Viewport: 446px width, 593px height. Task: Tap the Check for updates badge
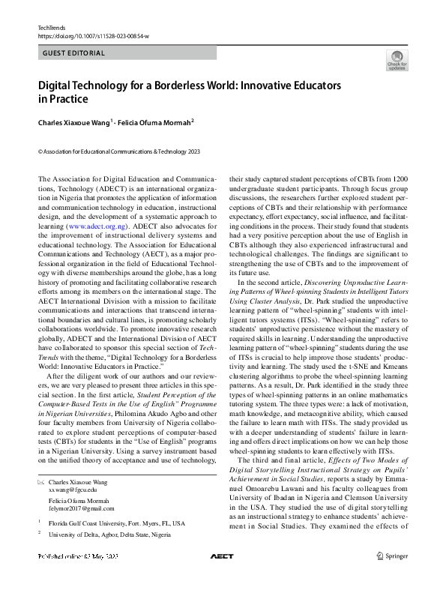coord(397,61)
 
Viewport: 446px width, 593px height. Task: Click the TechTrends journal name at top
coord(52,27)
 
